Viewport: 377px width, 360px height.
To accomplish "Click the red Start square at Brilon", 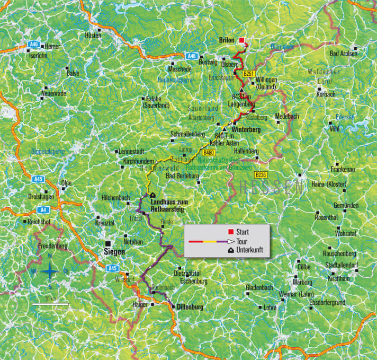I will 242,40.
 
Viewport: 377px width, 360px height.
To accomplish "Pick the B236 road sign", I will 261,174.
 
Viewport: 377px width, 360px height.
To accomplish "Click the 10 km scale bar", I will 50,304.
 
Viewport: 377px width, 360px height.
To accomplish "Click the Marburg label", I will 302,282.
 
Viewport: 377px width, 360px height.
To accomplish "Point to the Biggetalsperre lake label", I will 48,151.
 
